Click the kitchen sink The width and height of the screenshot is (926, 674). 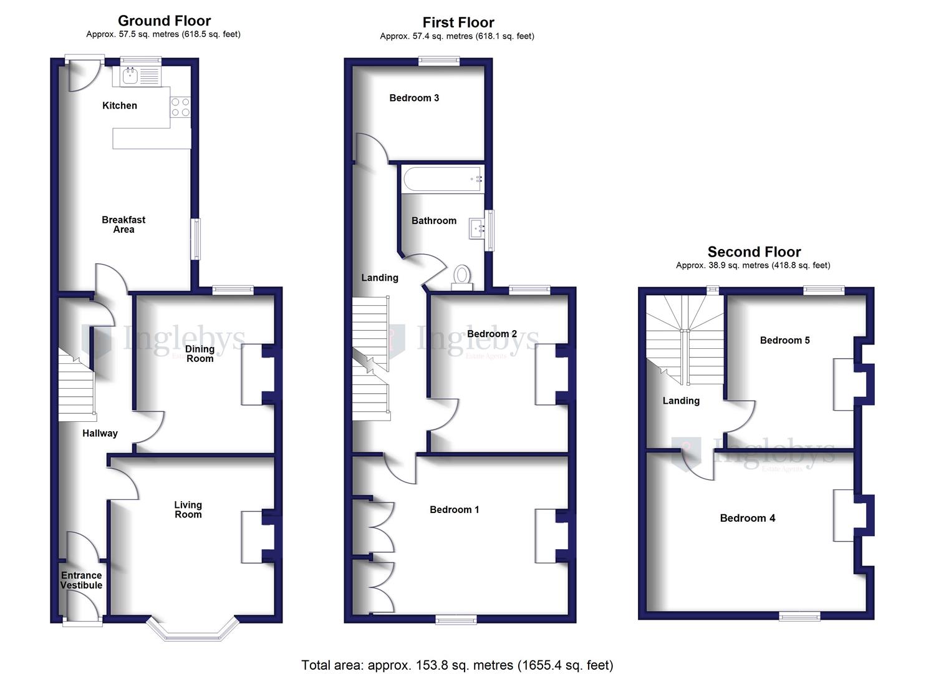tap(130, 76)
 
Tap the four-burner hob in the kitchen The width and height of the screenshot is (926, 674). tap(180, 107)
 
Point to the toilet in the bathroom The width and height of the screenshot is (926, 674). tap(461, 275)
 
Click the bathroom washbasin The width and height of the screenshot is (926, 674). tap(478, 229)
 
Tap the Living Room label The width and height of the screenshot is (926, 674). tap(188, 509)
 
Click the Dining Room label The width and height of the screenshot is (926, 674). tap(200, 353)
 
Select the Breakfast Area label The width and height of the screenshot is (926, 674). tap(123, 224)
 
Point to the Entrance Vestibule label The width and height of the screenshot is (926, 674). tap(81, 580)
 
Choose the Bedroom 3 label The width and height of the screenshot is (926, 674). tap(414, 98)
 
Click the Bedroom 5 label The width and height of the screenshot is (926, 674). tap(784, 340)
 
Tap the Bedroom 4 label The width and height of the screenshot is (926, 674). tap(747, 518)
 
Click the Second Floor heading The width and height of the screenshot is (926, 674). tap(754, 252)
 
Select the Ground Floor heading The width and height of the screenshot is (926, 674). tap(164, 21)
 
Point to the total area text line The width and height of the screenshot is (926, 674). tap(457, 665)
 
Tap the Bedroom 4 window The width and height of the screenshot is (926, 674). tap(799, 617)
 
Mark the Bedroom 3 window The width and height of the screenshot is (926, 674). tap(439, 61)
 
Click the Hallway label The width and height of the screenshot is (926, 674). tap(100, 433)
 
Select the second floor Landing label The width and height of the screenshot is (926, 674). tap(681, 401)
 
